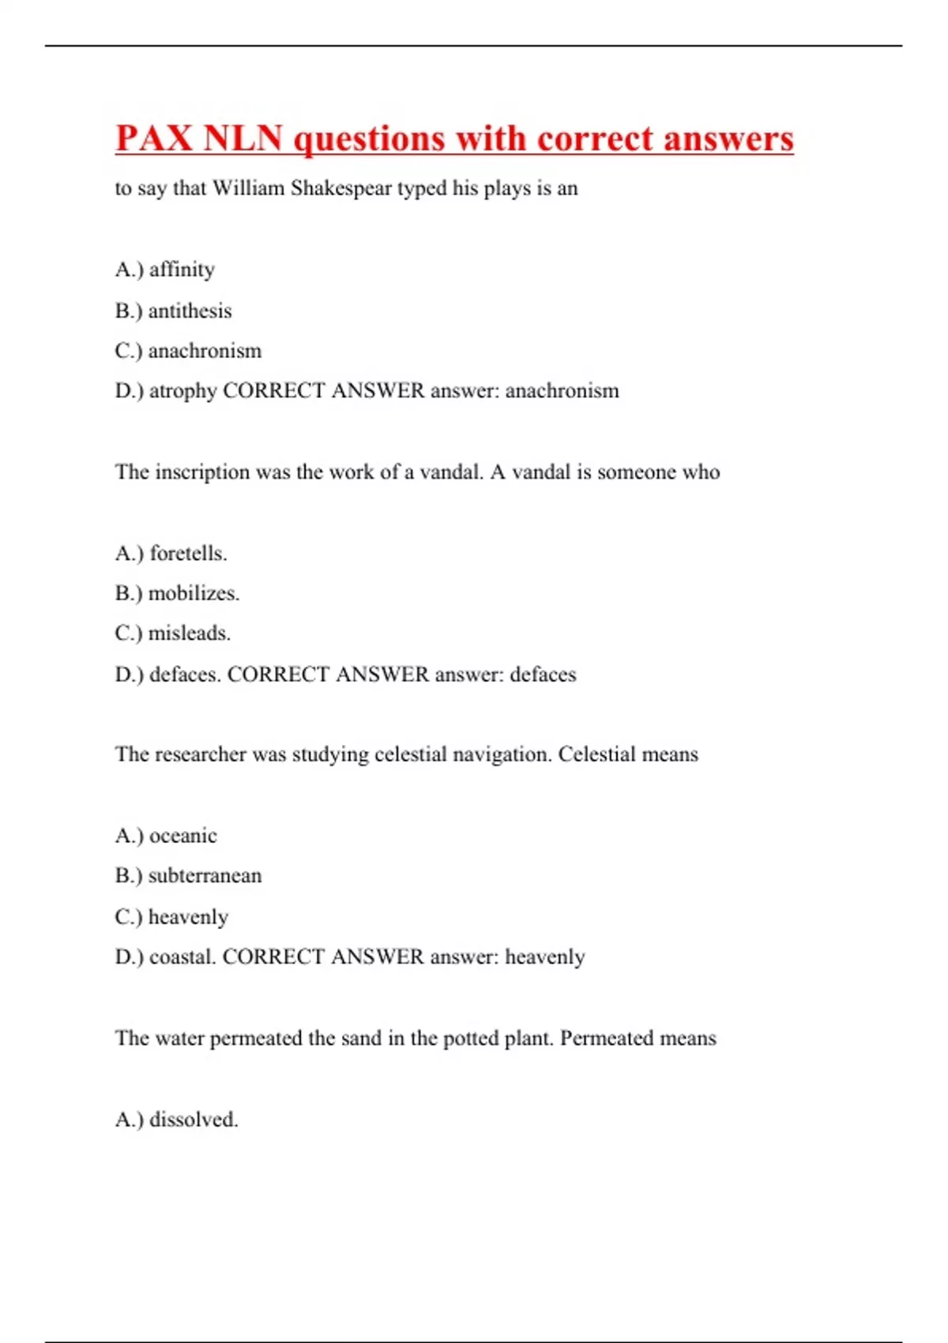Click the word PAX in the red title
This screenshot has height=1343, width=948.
pyautogui.click(x=154, y=139)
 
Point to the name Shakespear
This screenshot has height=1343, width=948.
pyautogui.click(x=341, y=188)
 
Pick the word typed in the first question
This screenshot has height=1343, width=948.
pyautogui.click(x=421, y=188)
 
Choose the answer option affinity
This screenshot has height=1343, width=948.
pyautogui.click(x=182, y=269)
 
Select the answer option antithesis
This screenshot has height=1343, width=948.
pyautogui.click(x=190, y=310)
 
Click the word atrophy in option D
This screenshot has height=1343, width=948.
pyautogui.click(x=182, y=391)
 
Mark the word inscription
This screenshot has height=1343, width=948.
pyautogui.click(x=202, y=472)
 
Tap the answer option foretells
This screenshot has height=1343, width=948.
pyautogui.click(x=188, y=553)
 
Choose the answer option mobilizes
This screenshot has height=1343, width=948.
pyautogui.click(x=194, y=593)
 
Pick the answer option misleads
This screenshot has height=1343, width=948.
pyautogui.click(x=190, y=633)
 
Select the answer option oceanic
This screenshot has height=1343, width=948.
pyautogui.click(x=182, y=836)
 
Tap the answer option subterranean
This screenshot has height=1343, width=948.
pyautogui.click(x=205, y=875)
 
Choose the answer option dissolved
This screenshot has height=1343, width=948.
pyautogui.click(x=194, y=1119)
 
